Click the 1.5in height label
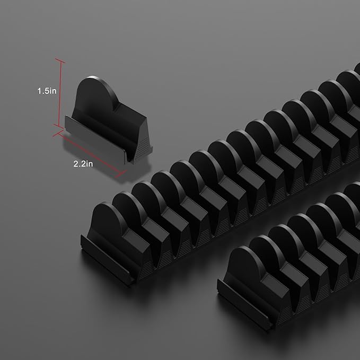click(x=47, y=91)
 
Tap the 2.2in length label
click(x=83, y=164)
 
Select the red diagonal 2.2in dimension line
click(x=90, y=153)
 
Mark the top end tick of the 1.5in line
click(x=60, y=60)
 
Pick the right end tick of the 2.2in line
click(x=121, y=174)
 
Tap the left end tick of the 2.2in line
click(x=58, y=133)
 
